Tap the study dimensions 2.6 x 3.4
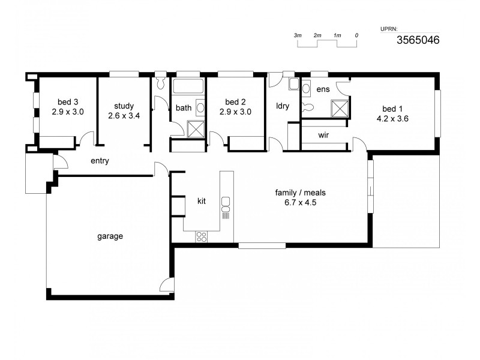tap(124, 116)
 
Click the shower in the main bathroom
tap(196, 130)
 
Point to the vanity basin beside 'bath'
tap(200, 108)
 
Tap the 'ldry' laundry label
tap(283, 106)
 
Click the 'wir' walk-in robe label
tap(323, 135)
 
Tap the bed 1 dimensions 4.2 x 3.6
tap(389, 119)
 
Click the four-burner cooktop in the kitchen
tap(202, 236)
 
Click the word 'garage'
tap(110, 236)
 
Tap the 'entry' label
tap(100, 161)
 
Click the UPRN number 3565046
tap(418, 40)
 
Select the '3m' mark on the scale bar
tap(298, 35)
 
